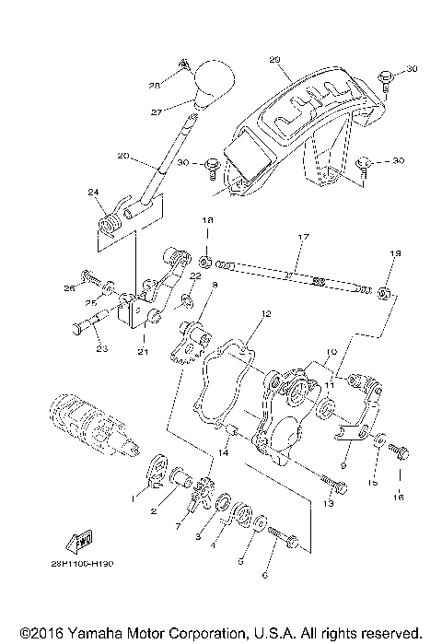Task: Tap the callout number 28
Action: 155,85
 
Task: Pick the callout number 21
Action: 143,351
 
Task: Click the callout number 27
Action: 156,111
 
